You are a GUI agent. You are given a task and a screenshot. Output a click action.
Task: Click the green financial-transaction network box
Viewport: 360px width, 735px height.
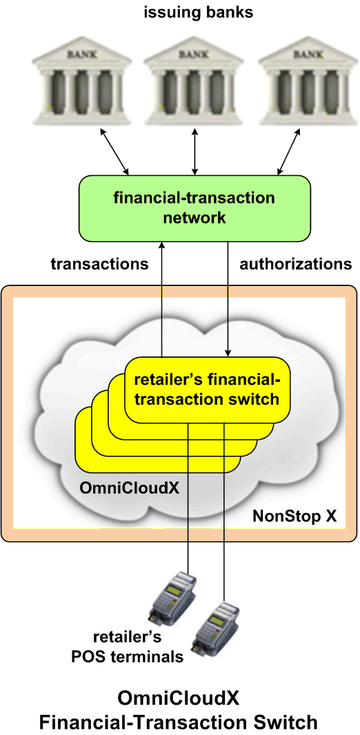pos(194,208)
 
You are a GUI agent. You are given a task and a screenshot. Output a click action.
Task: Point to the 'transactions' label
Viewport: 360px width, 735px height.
pos(99,264)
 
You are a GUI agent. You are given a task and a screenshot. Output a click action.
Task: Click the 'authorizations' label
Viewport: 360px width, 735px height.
pos(296,264)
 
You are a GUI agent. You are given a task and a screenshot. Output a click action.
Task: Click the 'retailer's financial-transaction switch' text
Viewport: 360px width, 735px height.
pos(207,389)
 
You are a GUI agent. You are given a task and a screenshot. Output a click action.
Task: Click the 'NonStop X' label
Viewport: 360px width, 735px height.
pos(295,516)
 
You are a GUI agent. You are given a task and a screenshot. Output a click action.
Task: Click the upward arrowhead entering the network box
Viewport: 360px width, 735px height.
pos(161,245)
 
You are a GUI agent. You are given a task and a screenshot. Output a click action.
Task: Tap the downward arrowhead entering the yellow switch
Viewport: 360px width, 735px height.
pos(228,352)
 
